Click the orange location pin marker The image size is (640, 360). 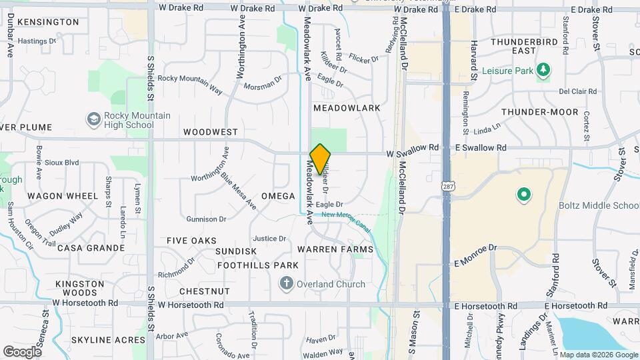pyautogui.click(x=321, y=159)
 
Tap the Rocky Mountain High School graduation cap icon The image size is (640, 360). pyautogui.click(x=94, y=119)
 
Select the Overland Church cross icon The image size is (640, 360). pyautogui.click(x=287, y=284)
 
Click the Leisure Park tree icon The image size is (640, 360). pyautogui.click(x=544, y=69)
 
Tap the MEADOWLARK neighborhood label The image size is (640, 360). pyautogui.click(x=347, y=108)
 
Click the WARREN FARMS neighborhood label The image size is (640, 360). pyautogui.click(x=335, y=249)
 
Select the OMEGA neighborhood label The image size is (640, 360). pyautogui.click(x=278, y=196)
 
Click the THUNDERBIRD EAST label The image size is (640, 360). pyautogui.click(x=523, y=46)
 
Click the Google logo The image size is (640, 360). pyautogui.click(x=22, y=351)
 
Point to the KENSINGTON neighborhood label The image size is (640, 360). pyautogui.click(x=48, y=22)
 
